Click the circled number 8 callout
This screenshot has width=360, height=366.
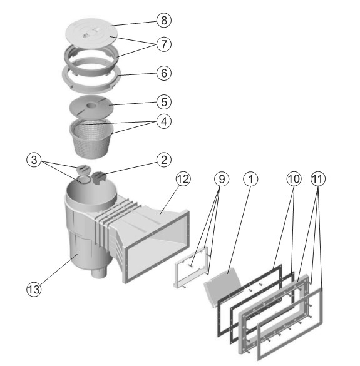point(164,20)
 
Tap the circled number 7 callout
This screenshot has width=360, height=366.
point(164,44)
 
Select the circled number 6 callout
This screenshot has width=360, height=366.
point(164,73)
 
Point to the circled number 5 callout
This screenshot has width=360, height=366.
point(164,102)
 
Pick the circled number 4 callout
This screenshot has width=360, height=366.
point(164,121)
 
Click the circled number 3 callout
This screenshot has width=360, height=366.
point(34,160)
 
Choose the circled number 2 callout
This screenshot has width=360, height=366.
point(164,160)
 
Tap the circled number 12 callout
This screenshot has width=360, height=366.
point(183,179)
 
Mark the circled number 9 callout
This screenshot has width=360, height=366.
point(222,179)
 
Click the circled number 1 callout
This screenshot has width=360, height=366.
point(250,179)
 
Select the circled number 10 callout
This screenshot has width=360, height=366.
point(294,179)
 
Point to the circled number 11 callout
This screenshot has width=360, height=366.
point(318,179)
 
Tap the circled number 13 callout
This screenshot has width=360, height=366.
point(34,290)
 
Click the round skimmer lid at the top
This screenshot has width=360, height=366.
point(91,32)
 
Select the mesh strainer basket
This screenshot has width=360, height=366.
point(91,137)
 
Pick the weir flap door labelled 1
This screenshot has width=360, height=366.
point(222,287)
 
